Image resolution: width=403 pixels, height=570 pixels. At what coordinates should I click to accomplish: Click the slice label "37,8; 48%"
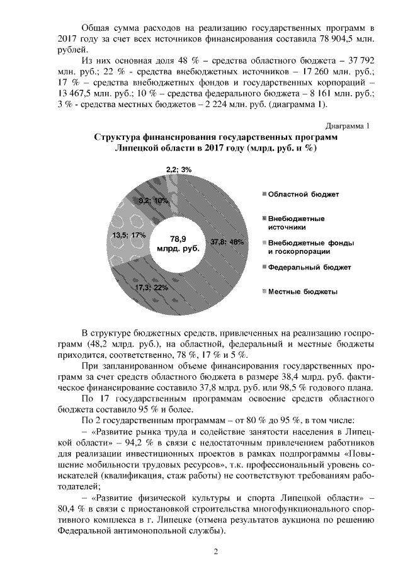pos(226,241)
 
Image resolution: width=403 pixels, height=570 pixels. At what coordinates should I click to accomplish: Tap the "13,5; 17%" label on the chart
pos(128,234)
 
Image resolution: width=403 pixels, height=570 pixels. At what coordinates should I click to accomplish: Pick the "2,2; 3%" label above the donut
pos(179,169)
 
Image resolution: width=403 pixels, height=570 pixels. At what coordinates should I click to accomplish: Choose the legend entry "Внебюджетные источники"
pos(296,223)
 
